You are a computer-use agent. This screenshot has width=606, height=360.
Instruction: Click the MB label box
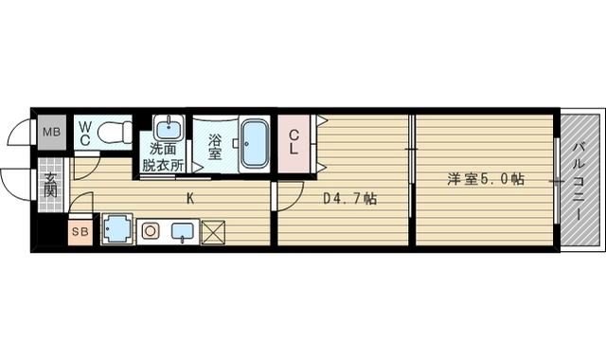pos(51,132)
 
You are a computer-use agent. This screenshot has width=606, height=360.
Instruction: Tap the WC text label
pos(84,133)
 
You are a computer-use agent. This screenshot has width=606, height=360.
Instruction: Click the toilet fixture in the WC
pos(116,131)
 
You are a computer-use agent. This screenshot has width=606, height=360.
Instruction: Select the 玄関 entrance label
pos(50,183)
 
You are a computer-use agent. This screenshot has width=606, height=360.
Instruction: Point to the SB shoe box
pos(80,230)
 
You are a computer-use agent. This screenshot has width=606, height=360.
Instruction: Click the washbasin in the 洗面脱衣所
pos(170,127)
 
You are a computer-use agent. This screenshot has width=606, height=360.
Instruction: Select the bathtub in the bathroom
pos(253,143)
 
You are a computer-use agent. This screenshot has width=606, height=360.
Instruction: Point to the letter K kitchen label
pos(190,199)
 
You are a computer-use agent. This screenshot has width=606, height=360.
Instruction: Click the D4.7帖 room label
pos(349,200)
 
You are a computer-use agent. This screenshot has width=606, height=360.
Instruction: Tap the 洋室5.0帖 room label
pos(487,178)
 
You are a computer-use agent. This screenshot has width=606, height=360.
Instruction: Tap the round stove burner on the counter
pos(151,230)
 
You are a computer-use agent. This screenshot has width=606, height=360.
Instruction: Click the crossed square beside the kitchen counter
pos(214,230)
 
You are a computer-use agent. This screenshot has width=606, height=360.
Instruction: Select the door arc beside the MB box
pos(21,132)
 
